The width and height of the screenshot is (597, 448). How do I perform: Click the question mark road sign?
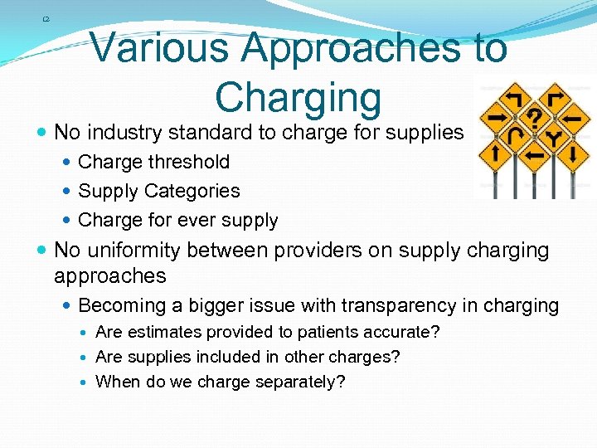536,115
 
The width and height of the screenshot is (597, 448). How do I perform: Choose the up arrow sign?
494,153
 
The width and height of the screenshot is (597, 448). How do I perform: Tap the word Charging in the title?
298,97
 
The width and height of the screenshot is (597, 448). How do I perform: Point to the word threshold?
188,162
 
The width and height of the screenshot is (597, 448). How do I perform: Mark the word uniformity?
137,251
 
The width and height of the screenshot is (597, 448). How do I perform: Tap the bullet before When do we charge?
86,382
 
